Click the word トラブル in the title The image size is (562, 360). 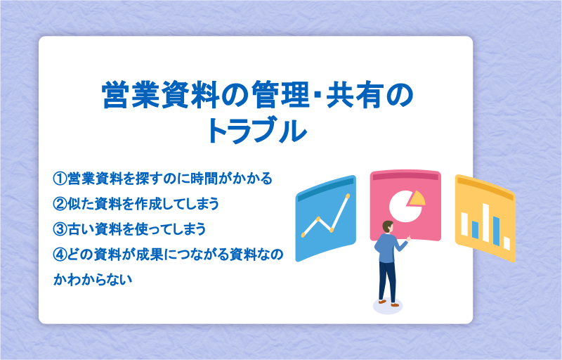pyautogui.click(x=257, y=131)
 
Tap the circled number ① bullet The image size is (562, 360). pyautogui.click(x=60, y=178)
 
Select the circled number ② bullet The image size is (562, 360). pyautogui.click(x=60, y=204)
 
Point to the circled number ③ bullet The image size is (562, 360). pyautogui.click(x=60, y=229)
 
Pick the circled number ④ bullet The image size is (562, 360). pyautogui.click(x=60, y=255)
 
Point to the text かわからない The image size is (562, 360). pyautogui.click(x=93, y=280)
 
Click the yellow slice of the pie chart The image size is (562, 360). pyautogui.click(x=417, y=198)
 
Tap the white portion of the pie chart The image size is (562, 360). pyautogui.click(x=405, y=207)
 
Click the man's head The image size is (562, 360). pyautogui.click(x=388, y=227)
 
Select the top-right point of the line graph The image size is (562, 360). pyautogui.click(x=347, y=195)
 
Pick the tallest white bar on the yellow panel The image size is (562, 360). pyautogui.click(x=485, y=223)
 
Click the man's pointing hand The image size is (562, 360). pyautogui.click(x=408, y=238)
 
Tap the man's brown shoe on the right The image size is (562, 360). pyautogui.click(x=395, y=304)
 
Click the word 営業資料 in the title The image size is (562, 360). pyautogui.click(x=160, y=96)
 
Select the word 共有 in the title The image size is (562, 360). pyautogui.click(x=355, y=96)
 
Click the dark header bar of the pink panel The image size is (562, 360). pyautogui.click(x=405, y=176)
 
